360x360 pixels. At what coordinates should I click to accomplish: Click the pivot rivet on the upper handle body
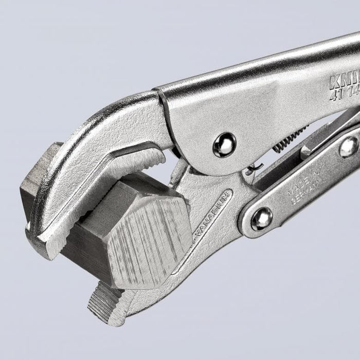coord(224,145)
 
